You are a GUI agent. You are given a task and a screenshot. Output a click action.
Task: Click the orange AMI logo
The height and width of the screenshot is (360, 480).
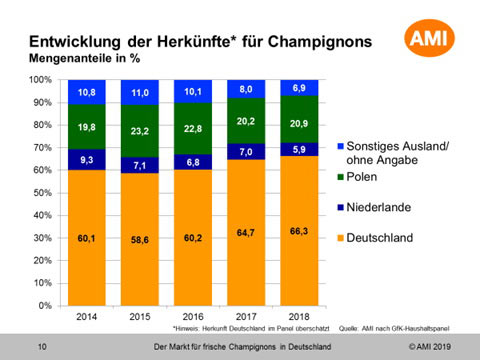[429, 38]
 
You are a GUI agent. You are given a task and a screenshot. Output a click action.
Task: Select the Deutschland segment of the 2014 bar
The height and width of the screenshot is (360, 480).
[87, 238]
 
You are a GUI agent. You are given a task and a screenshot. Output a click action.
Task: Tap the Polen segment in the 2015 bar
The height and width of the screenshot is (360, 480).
[140, 131]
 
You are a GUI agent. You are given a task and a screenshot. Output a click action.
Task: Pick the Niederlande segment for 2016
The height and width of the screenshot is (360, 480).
[193, 162]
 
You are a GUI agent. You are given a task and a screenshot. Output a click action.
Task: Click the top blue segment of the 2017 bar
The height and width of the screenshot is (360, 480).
[246, 89]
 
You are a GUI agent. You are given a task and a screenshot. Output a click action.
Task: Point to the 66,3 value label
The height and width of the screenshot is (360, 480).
[299, 231]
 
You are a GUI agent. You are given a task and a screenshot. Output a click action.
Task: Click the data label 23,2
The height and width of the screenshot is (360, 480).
[140, 131]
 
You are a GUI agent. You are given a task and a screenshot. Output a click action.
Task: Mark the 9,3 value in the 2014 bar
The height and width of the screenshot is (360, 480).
[87, 160]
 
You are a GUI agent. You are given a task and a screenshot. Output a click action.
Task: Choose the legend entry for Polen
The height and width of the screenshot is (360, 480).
[357, 177]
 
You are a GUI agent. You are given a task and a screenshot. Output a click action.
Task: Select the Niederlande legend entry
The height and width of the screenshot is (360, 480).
[374, 207]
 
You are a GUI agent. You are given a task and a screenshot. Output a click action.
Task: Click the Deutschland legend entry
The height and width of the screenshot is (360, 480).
[375, 238]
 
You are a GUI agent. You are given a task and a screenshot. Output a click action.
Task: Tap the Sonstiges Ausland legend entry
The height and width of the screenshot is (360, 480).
[393, 153]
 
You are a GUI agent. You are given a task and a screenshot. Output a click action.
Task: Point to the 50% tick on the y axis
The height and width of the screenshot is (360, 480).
[42, 193]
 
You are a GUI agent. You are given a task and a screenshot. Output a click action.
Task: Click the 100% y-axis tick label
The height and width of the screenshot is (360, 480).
[40, 80]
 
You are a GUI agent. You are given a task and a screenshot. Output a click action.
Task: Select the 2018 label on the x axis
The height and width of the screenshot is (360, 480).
[299, 317]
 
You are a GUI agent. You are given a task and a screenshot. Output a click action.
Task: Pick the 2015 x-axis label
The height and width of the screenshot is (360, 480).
[140, 317]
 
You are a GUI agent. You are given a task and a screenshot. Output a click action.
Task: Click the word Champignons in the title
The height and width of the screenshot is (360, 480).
[320, 42]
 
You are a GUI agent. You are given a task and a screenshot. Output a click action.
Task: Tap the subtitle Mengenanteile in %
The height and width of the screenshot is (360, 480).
[84, 58]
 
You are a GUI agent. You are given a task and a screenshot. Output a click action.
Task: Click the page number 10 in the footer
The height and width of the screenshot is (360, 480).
[42, 347]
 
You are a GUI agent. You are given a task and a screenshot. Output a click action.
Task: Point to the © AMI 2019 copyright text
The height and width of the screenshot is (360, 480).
[430, 347]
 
